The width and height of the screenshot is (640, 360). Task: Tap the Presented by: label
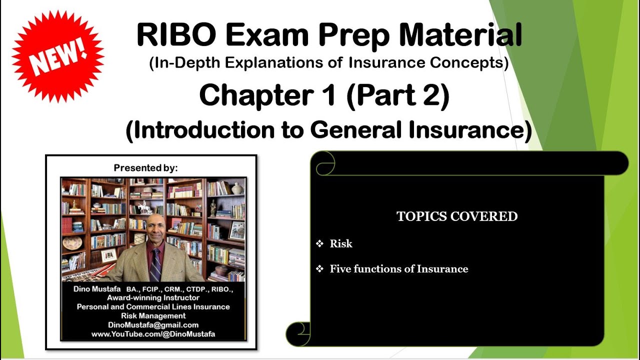145,168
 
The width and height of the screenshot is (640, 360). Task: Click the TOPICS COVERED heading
457,216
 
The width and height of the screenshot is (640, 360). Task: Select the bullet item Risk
341,244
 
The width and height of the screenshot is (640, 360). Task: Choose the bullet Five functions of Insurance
398,269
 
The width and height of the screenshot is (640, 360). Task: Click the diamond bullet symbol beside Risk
319,244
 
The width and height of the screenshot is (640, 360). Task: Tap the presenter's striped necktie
155,264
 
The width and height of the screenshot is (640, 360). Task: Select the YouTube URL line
153,333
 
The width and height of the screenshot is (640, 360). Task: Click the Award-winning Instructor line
153,297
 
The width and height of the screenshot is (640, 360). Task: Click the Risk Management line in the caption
153,315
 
